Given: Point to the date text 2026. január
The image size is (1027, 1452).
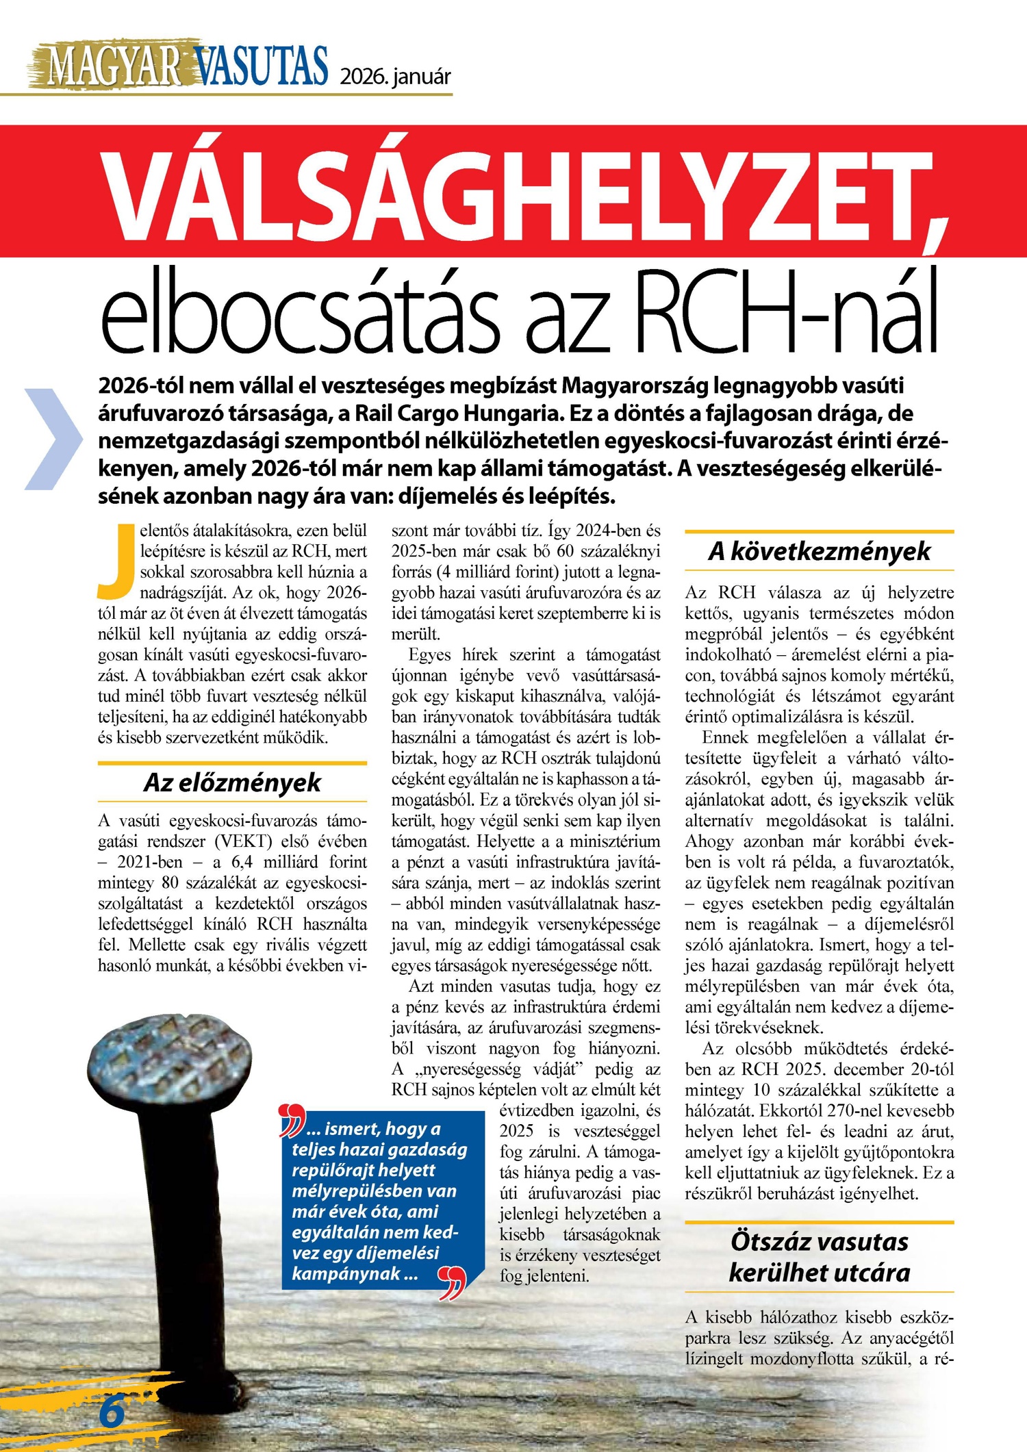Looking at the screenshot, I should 396,76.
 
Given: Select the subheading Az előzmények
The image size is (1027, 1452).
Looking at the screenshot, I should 232,782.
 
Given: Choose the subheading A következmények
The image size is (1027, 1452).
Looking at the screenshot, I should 819,551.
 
